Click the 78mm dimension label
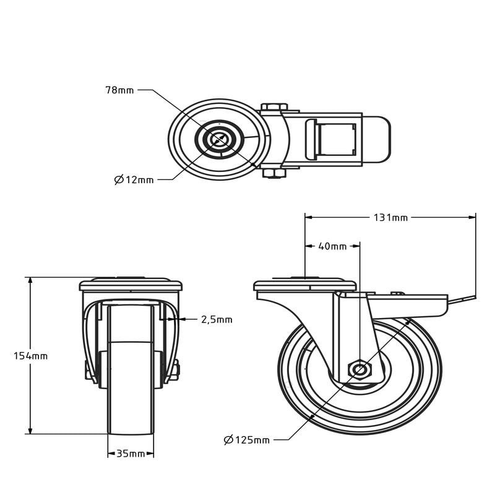coord(119,90)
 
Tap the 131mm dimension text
coord(390,217)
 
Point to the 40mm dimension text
coord(332,246)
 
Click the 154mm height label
coord(30,356)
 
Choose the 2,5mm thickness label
coord(217,320)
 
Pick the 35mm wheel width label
coord(131,454)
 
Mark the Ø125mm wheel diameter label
coord(247,440)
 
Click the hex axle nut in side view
coord(359,370)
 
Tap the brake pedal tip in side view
coord(467,300)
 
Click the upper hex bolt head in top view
coord(273,107)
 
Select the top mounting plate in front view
coord(131,285)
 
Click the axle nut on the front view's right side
coord(175,371)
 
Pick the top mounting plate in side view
coord(305,286)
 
